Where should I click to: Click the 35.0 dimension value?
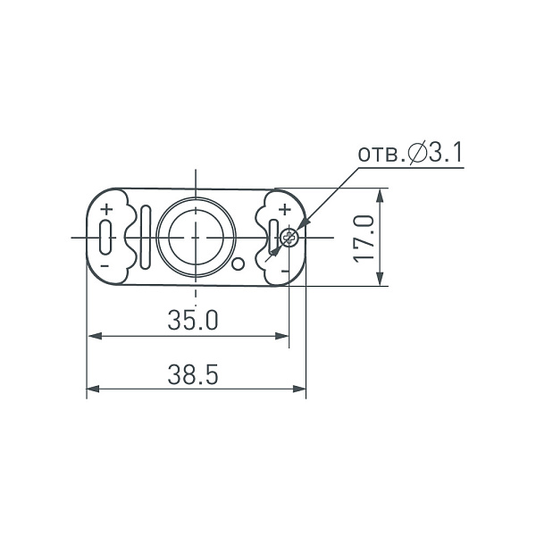click(x=193, y=320)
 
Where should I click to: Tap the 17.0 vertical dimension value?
click(x=362, y=238)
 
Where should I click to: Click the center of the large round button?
click(x=196, y=237)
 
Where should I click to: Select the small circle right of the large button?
click(x=239, y=263)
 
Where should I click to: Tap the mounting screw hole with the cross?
click(x=289, y=238)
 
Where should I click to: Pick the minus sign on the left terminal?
click(x=105, y=265)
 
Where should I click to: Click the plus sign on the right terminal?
click(x=284, y=210)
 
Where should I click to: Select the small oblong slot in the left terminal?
click(x=106, y=238)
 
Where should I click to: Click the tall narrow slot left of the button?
click(x=144, y=237)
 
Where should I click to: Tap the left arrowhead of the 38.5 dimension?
click(x=92, y=389)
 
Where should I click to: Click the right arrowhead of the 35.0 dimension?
click(x=283, y=337)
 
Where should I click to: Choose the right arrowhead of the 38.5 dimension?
click(x=300, y=389)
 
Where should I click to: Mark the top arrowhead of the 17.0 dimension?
click(x=382, y=194)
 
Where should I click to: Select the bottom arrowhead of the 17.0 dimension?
click(x=382, y=281)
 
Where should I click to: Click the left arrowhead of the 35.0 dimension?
click(x=92, y=337)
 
